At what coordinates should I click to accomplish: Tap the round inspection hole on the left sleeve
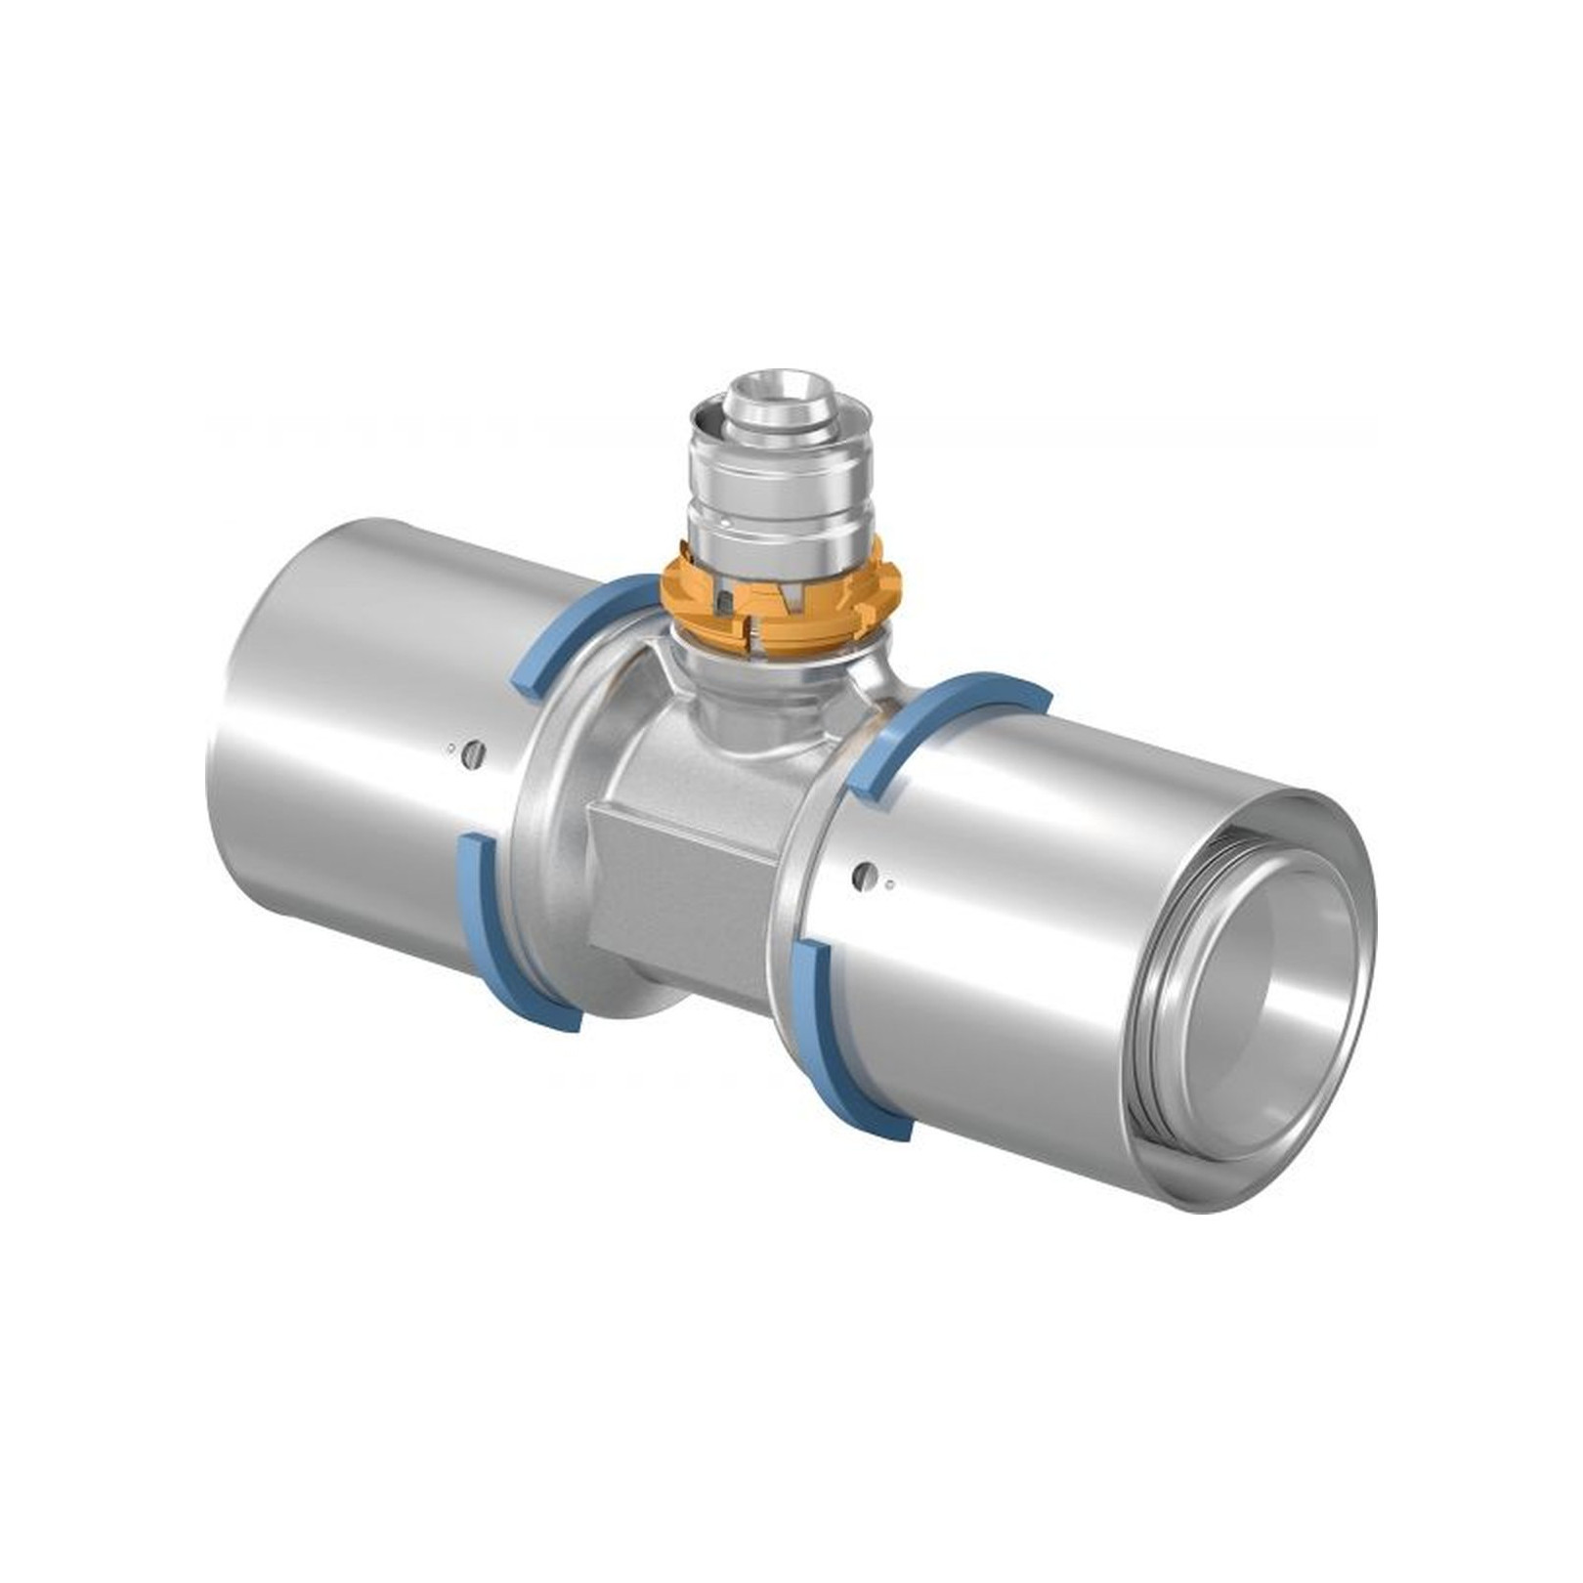click(x=475, y=752)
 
